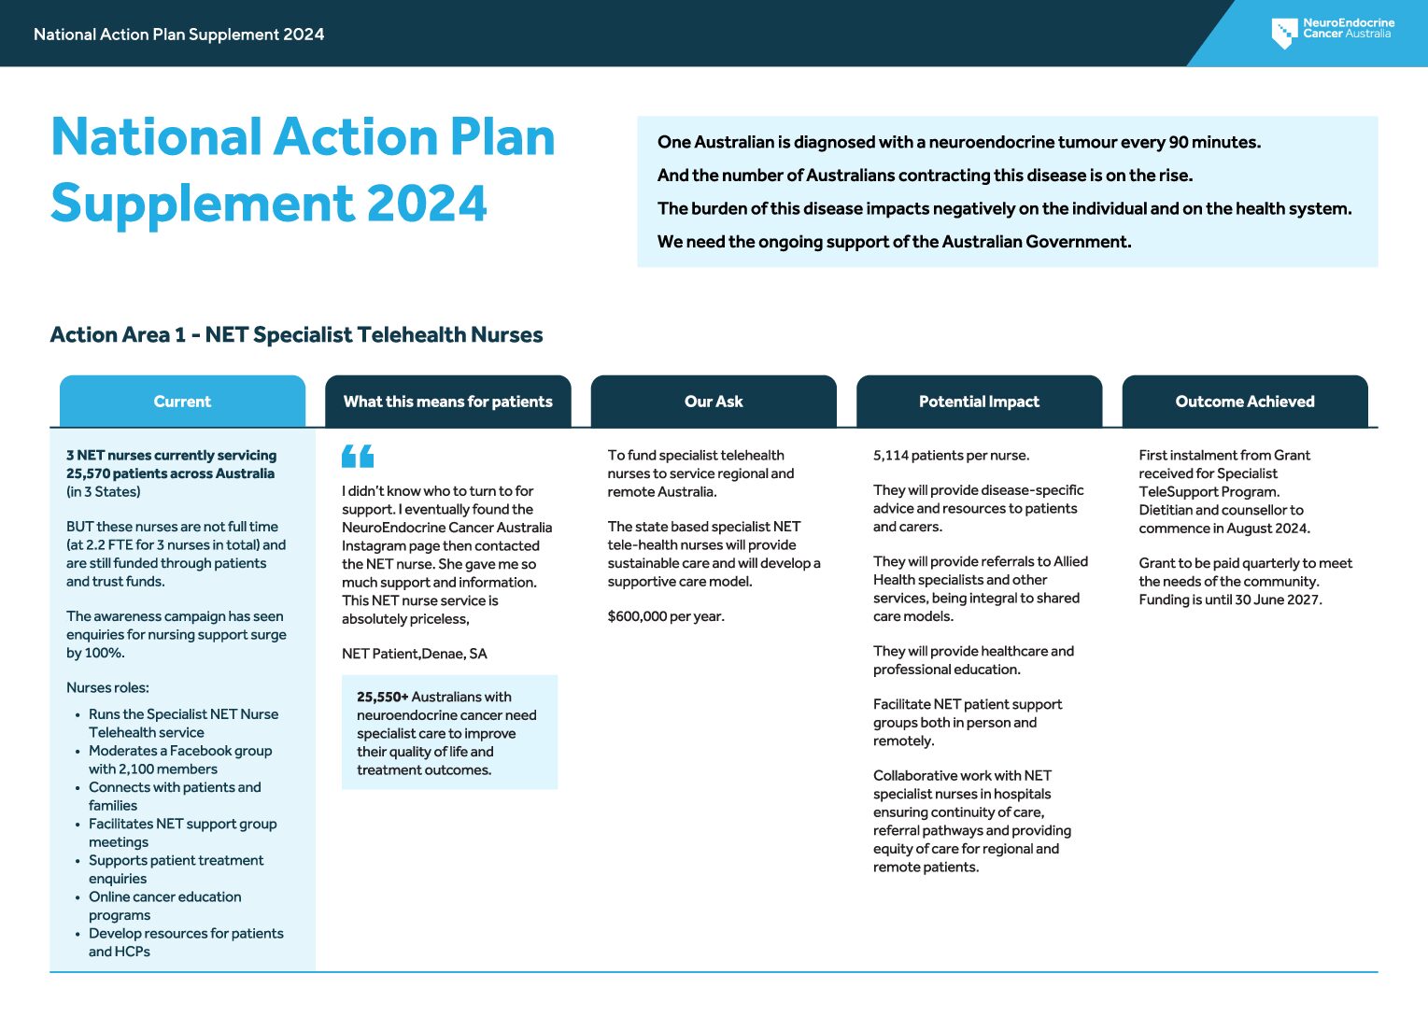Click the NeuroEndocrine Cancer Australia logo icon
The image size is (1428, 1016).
pyautogui.click(x=1284, y=33)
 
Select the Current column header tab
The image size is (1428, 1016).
pyautogui.click(x=182, y=402)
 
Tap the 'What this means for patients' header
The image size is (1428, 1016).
pyautogui.click(x=447, y=402)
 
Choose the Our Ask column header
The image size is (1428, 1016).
pyautogui.click(x=714, y=402)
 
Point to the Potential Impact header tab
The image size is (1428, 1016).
pyautogui.click(x=979, y=402)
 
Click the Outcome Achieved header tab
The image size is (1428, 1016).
pyautogui.click(x=1244, y=402)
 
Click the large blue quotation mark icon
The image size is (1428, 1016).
pyautogui.click(x=358, y=457)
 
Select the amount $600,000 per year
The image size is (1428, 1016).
pyautogui.click(x=666, y=616)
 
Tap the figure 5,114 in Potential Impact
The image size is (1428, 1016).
pyautogui.click(x=891, y=456)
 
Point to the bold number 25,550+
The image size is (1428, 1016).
pyautogui.click(x=382, y=697)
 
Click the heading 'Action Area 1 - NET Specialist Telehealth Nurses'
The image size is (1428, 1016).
pyautogui.click(x=296, y=334)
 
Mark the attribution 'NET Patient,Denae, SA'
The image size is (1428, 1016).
pyautogui.click(x=414, y=654)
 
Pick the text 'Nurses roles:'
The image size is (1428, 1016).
pyautogui.click(x=107, y=688)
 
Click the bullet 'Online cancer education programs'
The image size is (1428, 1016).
pyautogui.click(x=164, y=906)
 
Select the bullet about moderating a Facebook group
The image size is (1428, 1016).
pyautogui.click(x=179, y=760)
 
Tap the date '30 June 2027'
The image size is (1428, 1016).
pyautogui.click(x=1277, y=600)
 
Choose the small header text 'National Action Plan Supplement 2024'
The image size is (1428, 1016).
pyautogui.click(x=178, y=35)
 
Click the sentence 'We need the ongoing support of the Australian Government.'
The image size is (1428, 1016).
pyautogui.click(x=894, y=242)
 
